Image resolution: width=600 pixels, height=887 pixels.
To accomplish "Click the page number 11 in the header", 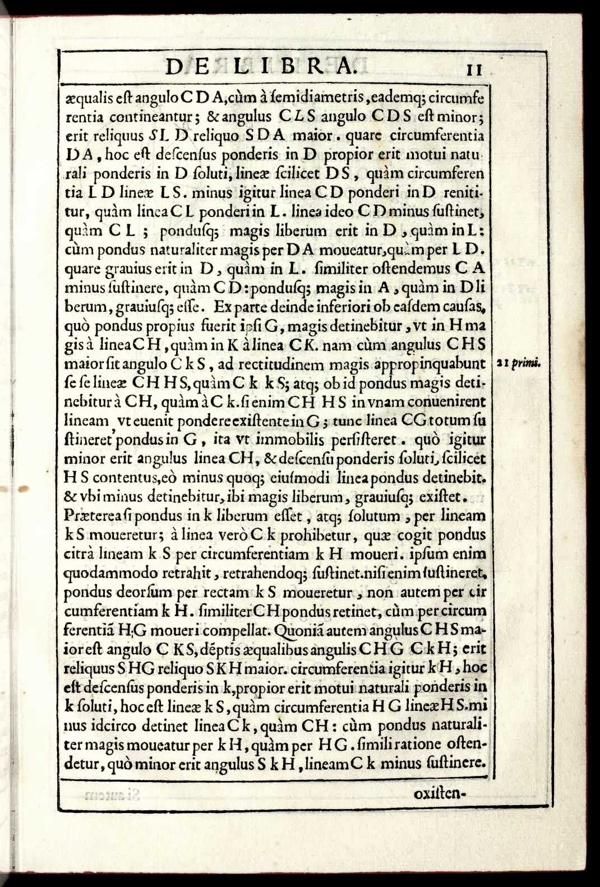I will click(474, 70).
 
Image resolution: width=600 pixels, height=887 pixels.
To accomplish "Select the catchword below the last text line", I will click(440, 794).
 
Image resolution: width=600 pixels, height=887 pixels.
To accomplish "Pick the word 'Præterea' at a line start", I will click(92, 515).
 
